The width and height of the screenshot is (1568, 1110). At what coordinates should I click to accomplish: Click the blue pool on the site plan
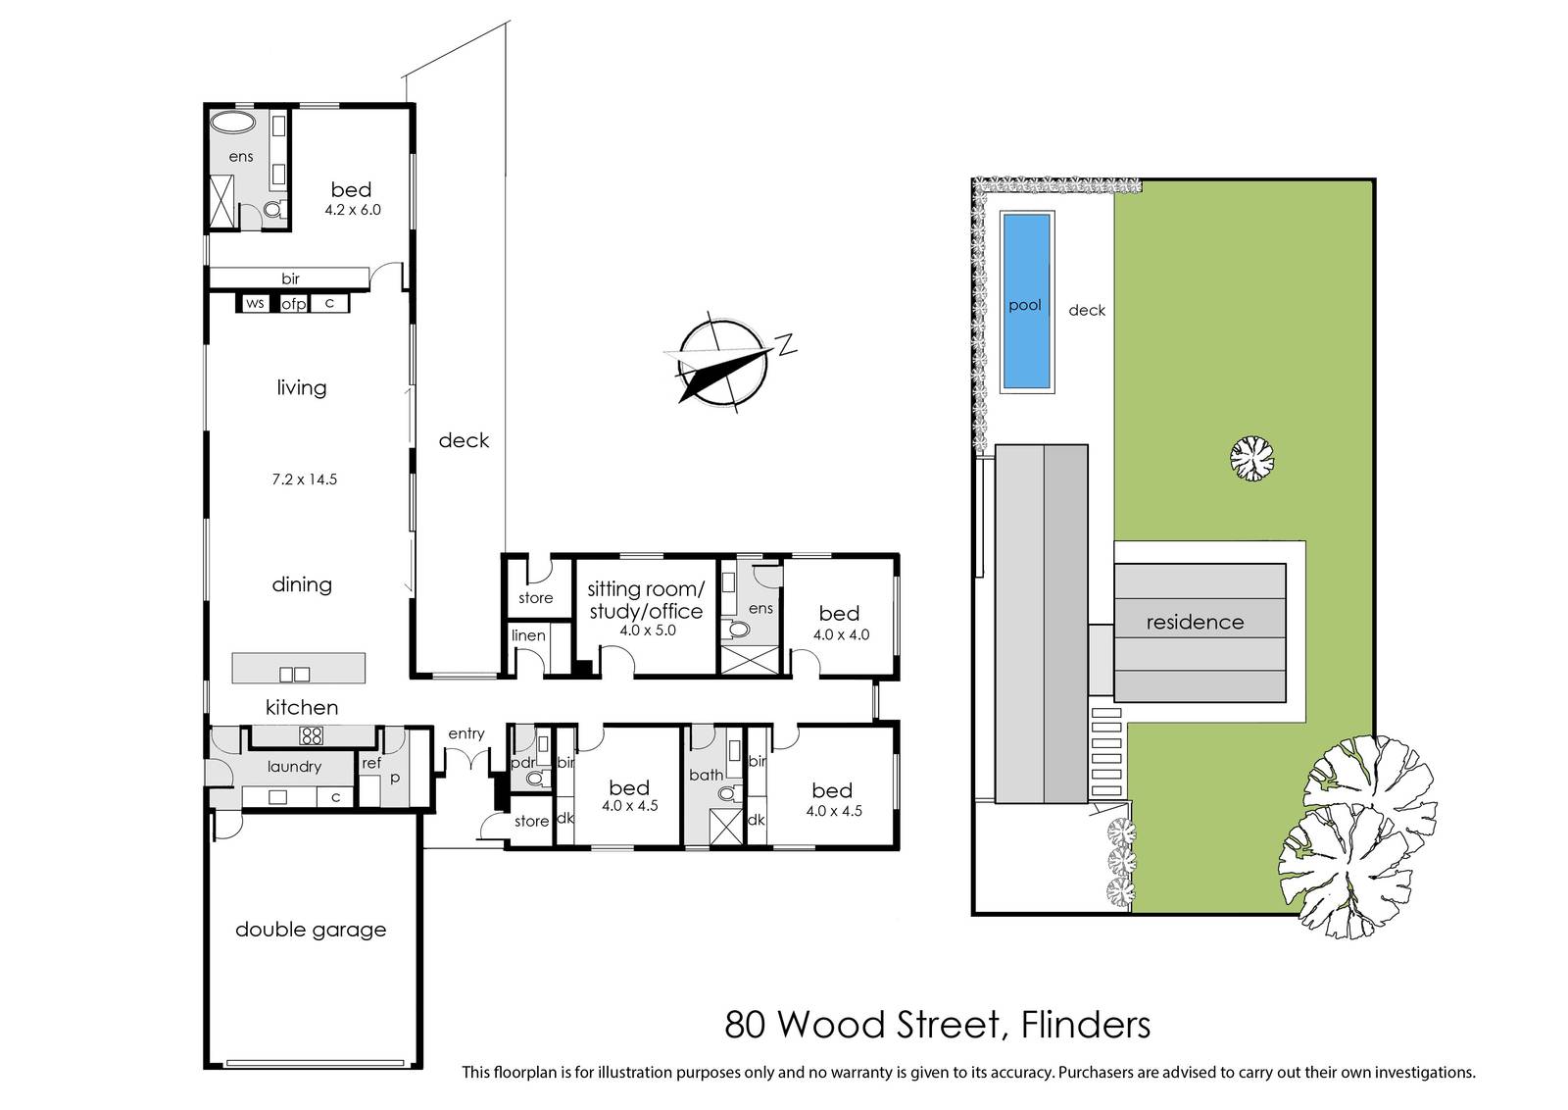[x=1026, y=301]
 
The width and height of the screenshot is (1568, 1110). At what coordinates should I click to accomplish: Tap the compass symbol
[x=724, y=363]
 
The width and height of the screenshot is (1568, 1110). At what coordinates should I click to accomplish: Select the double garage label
[x=311, y=930]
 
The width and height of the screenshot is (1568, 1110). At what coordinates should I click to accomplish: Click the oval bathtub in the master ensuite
[x=234, y=122]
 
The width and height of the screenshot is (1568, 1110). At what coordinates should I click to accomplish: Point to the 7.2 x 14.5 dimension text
[x=305, y=479]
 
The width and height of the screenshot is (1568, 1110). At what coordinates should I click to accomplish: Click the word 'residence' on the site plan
[x=1195, y=622]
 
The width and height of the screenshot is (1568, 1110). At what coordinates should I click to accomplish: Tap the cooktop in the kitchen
[x=311, y=735]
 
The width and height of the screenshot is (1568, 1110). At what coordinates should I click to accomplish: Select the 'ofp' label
[x=294, y=304]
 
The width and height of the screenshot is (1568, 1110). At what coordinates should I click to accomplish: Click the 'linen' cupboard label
[x=528, y=635]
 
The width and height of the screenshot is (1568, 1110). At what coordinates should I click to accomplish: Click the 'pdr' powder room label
[x=523, y=763]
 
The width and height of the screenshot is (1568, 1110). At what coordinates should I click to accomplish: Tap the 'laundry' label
[x=294, y=767]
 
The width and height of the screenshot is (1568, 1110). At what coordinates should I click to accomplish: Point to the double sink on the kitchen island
[x=295, y=675]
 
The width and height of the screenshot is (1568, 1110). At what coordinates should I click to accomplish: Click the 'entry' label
[x=466, y=733]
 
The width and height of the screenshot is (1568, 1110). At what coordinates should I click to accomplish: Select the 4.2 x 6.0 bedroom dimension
[x=353, y=210]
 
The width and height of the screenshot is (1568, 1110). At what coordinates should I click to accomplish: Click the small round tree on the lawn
[x=1252, y=459]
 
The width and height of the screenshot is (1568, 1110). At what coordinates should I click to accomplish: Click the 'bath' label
[x=707, y=775]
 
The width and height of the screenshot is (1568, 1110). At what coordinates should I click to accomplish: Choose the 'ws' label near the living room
[x=255, y=303]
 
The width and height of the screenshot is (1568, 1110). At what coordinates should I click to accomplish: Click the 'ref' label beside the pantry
[x=371, y=763]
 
